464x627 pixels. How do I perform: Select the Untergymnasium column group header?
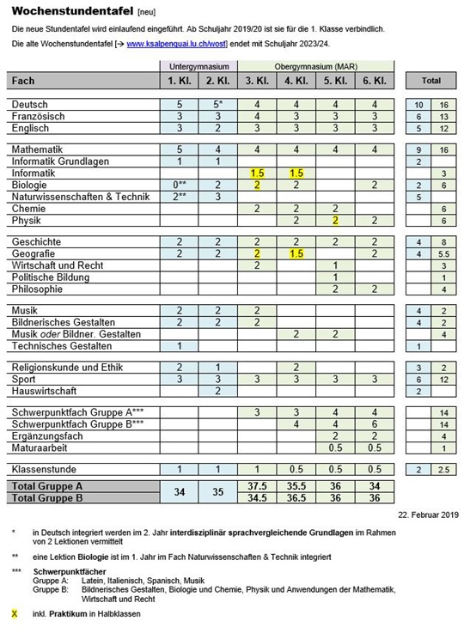click(198, 66)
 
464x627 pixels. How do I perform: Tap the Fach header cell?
click(82, 81)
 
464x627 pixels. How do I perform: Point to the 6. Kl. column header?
click(374, 81)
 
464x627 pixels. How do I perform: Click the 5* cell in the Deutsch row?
click(217, 104)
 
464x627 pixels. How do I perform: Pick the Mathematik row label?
click(41, 149)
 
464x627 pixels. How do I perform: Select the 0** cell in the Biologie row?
click(178, 185)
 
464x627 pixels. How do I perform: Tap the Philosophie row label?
click(38, 289)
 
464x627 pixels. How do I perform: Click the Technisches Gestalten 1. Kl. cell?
click(178, 345)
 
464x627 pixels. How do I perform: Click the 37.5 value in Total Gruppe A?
click(256, 485)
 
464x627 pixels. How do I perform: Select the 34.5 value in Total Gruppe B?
click(256, 497)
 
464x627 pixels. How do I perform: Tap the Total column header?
click(430, 81)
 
